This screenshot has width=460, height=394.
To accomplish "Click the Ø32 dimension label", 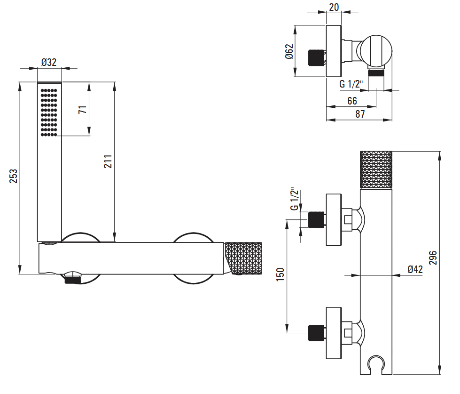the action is (x=49, y=62).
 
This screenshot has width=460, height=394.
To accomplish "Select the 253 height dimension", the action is (x=14, y=176).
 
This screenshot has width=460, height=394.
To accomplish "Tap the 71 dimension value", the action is (x=83, y=110).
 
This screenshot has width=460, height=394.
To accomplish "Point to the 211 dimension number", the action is (x=108, y=161).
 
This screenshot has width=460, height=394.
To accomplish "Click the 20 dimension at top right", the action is (x=334, y=7).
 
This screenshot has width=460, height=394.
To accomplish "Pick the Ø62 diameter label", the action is (x=289, y=51).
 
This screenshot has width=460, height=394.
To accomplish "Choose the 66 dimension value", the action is (x=352, y=101).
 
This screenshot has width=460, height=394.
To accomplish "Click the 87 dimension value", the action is (x=360, y=114).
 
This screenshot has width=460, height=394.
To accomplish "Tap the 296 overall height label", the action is (x=433, y=257).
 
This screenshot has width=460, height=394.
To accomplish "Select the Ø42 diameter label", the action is (x=415, y=269).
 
